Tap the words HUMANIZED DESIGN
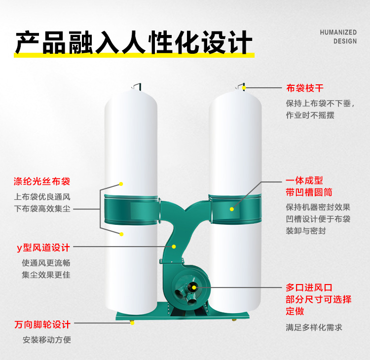point(338,36)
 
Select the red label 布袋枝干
point(305,89)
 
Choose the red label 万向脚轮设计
point(42,324)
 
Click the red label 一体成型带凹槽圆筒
point(308,186)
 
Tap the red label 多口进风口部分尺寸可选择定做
point(318,299)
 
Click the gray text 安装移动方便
point(47,340)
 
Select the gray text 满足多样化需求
point(314,327)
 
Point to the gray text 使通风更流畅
point(46,262)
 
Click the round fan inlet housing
point(190,287)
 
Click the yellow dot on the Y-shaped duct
point(174,246)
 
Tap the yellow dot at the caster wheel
point(132,324)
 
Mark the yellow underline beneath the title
point(133,55)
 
